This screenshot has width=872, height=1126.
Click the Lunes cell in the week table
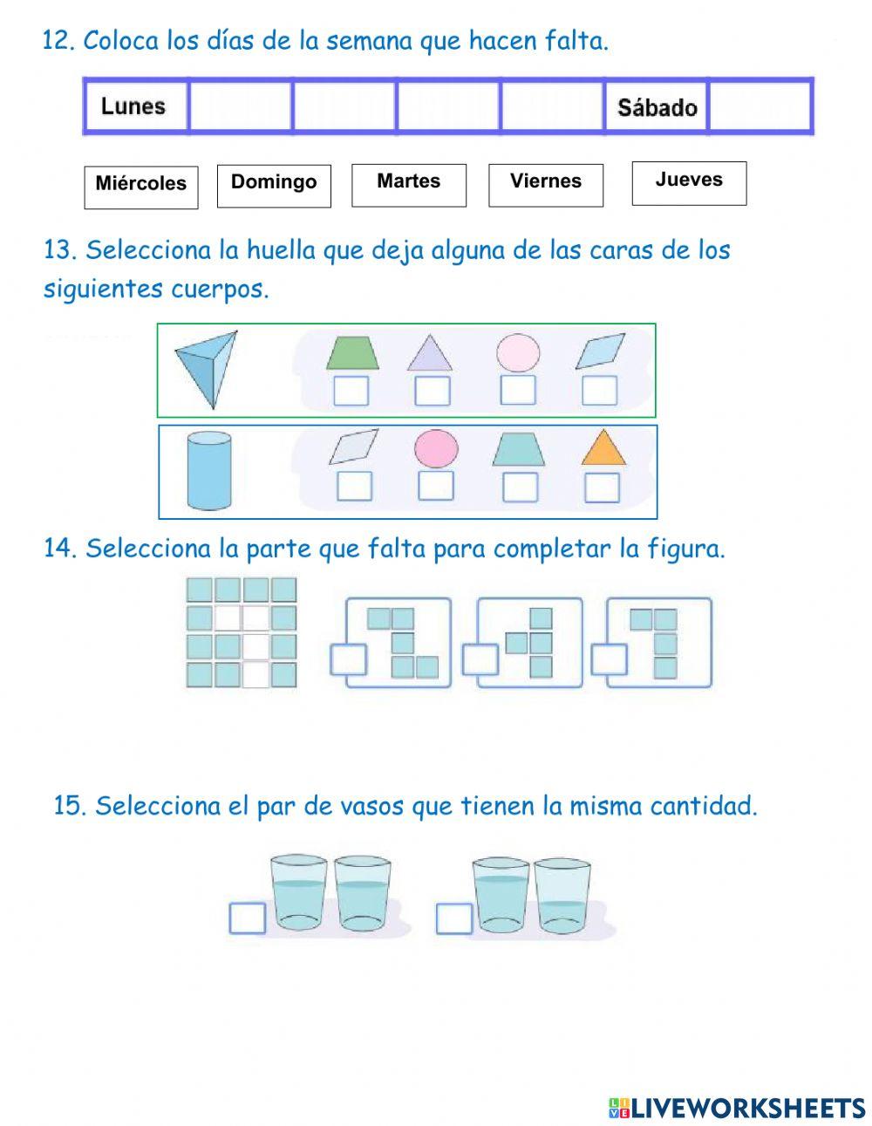[135, 106]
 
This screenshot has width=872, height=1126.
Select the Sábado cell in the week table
[656, 107]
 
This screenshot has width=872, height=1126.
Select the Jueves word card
[689, 182]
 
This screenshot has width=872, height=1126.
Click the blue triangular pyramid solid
[207, 365]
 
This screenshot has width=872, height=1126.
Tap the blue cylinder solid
[209, 471]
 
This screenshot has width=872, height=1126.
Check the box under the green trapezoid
[351, 391]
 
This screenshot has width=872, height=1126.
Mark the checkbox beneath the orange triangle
[602, 488]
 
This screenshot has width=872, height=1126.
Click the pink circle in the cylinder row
[436, 448]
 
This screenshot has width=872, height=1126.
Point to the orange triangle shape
[603, 447]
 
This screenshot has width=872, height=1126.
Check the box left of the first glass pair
[248, 918]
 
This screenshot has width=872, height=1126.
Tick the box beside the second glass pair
[454, 918]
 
